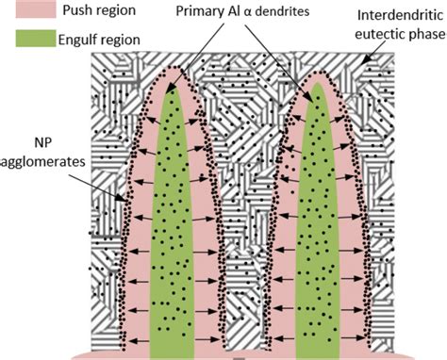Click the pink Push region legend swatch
36,10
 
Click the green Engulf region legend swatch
36,41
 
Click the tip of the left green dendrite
172,91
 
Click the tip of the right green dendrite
317,88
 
